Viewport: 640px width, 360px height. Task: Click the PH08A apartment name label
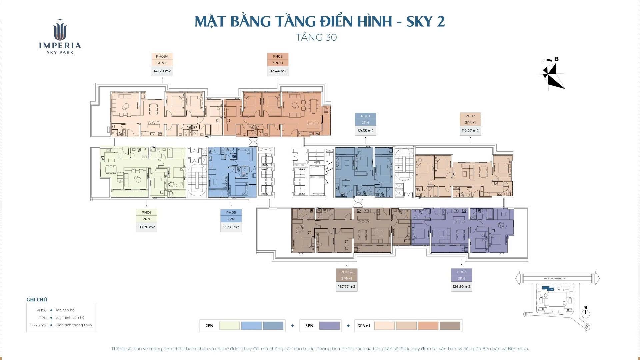point(162,56)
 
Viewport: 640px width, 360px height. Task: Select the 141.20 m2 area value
point(162,71)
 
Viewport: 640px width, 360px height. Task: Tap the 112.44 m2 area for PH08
point(278,71)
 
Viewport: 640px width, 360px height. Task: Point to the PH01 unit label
point(365,116)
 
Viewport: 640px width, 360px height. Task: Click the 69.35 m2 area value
point(365,131)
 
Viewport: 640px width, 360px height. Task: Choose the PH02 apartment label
point(470,116)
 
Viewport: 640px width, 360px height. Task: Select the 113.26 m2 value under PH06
point(146,227)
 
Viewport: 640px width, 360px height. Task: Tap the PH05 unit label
point(231,212)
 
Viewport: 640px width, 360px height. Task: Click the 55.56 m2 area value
point(231,227)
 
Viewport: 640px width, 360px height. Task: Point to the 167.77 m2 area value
point(346,287)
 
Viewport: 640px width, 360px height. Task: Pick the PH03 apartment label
point(461,272)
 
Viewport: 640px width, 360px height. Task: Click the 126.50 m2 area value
point(461,287)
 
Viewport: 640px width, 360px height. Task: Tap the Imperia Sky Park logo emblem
point(60,31)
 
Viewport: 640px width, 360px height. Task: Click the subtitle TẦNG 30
point(316,37)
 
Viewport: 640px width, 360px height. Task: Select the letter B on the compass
point(556,59)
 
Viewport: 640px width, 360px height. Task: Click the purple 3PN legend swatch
point(329,326)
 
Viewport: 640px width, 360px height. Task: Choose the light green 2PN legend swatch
point(229,326)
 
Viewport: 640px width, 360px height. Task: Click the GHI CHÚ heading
point(37,300)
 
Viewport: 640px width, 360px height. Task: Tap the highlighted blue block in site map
point(546,288)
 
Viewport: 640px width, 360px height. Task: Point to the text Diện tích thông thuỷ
point(74,325)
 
